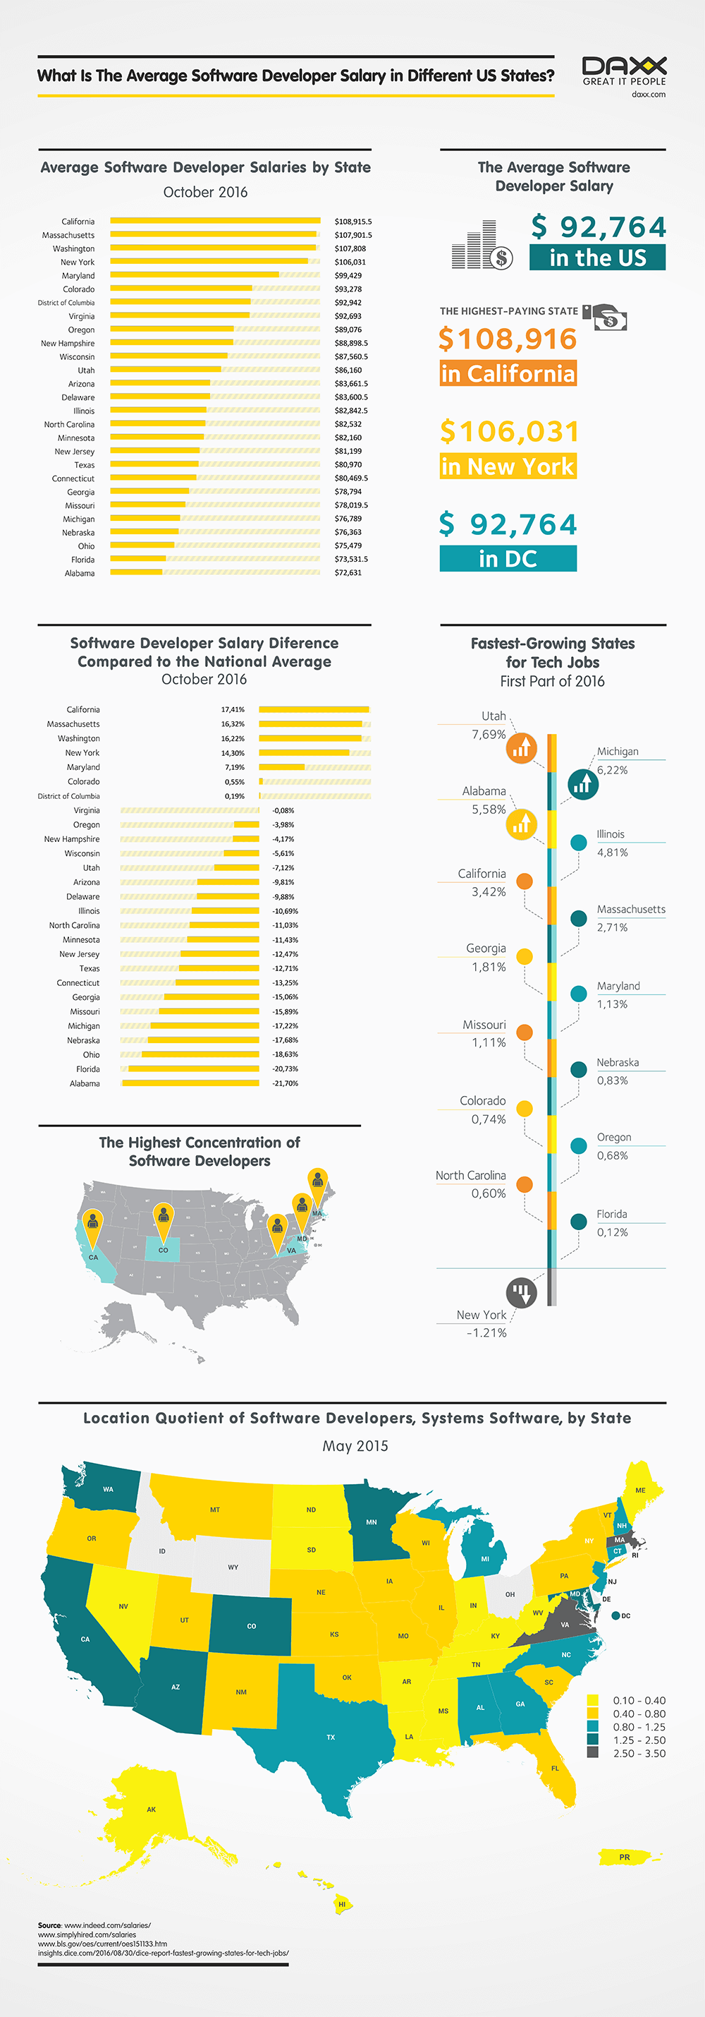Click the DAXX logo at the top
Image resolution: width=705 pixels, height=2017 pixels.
tap(624, 71)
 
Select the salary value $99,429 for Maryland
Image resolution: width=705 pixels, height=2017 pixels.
tap(348, 276)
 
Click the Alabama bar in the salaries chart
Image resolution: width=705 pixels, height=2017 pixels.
tap(136, 572)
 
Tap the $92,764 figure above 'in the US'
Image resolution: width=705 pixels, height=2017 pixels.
tap(599, 227)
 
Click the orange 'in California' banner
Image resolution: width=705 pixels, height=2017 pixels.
tap(508, 373)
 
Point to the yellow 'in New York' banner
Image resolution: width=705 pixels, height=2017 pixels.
tap(508, 466)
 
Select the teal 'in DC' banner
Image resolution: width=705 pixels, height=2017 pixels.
tap(508, 558)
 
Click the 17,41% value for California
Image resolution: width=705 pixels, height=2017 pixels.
tap(233, 709)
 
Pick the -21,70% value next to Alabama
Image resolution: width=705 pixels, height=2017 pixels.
tap(285, 1084)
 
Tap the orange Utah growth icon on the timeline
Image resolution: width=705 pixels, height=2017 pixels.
tap(521, 748)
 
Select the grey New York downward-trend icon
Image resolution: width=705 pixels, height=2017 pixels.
tap(521, 1292)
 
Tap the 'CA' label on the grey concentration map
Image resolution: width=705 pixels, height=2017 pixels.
tap(93, 1258)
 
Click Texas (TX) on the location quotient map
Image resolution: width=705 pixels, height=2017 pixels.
tap(331, 1737)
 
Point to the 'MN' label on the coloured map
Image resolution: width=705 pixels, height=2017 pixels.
tap(372, 1522)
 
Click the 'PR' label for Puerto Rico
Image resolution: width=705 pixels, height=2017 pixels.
tap(625, 1858)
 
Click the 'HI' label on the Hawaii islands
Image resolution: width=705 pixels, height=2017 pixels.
tap(342, 1903)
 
